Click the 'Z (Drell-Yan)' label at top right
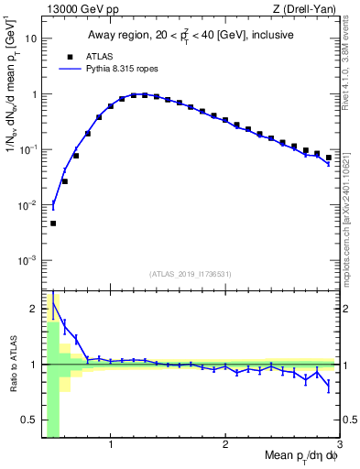tap(309, 9)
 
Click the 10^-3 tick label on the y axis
tap(28, 260)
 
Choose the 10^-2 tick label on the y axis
tap(28, 205)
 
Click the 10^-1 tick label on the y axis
tap(28, 149)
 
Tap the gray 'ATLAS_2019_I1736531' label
tap(191, 275)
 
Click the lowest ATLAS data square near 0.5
tap(53, 224)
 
